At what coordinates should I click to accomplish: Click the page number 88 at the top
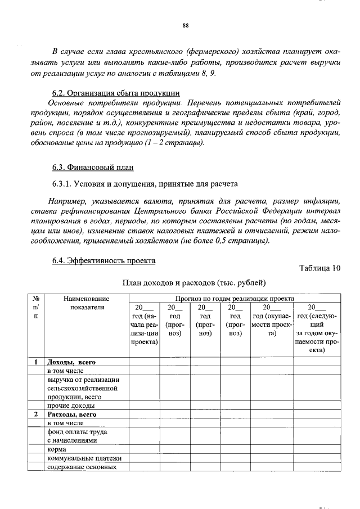185,25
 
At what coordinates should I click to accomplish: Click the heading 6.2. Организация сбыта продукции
116,93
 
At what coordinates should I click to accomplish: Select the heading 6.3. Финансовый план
93,167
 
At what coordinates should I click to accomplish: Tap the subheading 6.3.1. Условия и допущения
145,183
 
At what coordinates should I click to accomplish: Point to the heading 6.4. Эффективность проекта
104,260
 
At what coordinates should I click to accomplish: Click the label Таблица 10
319,267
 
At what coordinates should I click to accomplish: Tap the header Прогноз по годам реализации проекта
235,299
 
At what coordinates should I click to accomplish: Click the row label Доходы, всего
71,362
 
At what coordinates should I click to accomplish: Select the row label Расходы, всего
72,414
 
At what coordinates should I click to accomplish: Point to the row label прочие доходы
70,405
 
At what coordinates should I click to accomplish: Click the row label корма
57,449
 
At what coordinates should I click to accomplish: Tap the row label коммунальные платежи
84,458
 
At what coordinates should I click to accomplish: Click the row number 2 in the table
36,414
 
